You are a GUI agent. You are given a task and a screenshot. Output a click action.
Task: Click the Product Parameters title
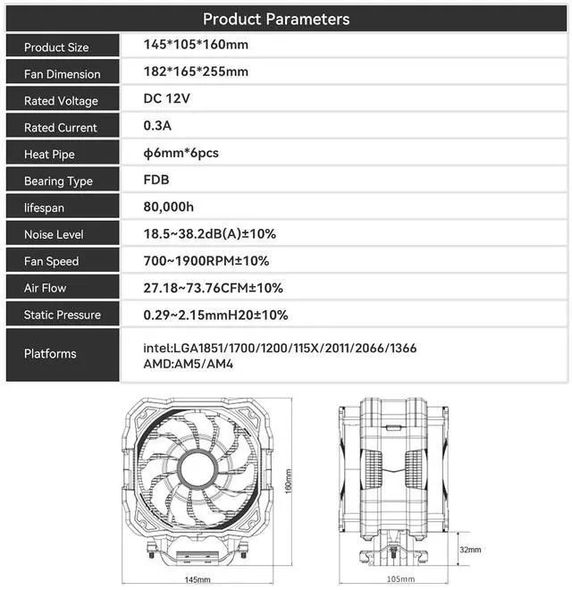(x=276, y=19)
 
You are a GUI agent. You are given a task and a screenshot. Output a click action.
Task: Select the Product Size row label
(x=56, y=47)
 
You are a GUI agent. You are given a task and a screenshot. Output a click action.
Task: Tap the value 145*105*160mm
(x=196, y=45)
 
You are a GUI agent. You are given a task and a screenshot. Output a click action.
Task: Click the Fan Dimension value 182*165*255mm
(x=196, y=72)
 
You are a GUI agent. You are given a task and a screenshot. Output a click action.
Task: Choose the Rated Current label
(x=61, y=128)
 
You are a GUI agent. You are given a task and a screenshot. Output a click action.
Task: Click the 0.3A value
(x=157, y=125)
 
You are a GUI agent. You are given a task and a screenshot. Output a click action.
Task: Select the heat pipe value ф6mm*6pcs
(x=181, y=153)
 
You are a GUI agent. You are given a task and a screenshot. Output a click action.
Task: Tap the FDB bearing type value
(x=156, y=180)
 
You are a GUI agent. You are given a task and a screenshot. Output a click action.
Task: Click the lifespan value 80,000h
(x=169, y=206)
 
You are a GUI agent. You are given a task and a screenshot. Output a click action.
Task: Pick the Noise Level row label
(x=54, y=235)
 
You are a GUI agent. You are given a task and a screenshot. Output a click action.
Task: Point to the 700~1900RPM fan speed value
(x=206, y=261)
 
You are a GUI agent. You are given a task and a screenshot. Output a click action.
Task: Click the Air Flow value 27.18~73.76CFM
(x=214, y=288)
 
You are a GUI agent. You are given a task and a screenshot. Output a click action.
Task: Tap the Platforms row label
(x=50, y=354)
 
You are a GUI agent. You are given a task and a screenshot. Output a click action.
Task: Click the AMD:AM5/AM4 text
(x=189, y=365)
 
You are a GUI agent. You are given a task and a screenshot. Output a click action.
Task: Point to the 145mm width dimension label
(x=198, y=579)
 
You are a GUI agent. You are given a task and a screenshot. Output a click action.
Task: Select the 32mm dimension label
(x=469, y=549)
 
